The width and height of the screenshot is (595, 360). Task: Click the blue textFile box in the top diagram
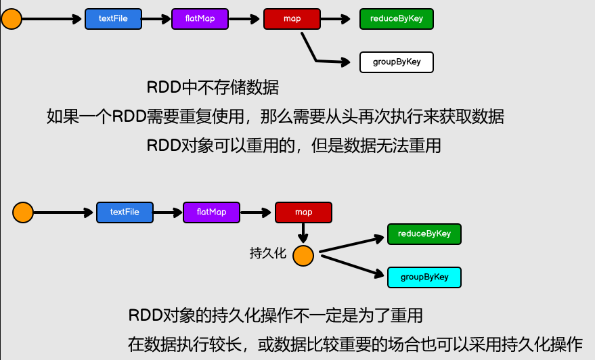[x=113, y=19]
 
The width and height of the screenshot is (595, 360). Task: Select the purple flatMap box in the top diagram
[x=200, y=19]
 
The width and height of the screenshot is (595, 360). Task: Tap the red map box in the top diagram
[x=292, y=19]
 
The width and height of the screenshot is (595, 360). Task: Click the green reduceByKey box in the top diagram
[x=396, y=19]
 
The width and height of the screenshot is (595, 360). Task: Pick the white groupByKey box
[x=396, y=62]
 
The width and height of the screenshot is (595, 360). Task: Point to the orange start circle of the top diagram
[x=12, y=18]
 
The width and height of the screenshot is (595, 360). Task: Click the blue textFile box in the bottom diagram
[x=125, y=212]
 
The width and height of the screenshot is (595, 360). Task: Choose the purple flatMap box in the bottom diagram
[x=211, y=212]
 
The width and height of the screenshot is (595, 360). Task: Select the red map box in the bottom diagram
[x=303, y=212]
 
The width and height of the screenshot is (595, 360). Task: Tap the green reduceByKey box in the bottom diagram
[x=424, y=234]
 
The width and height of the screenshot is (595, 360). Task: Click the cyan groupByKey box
[x=424, y=277]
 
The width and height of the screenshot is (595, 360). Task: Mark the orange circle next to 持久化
[x=303, y=256]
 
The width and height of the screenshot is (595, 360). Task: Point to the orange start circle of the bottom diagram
[x=23, y=212]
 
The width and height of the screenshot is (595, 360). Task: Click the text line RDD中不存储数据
[x=213, y=87]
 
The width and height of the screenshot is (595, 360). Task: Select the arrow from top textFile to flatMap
[x=156, y=19]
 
